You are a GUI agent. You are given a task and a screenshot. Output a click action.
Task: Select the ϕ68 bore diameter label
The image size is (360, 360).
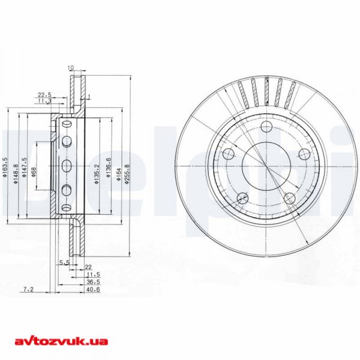pyautogui.click(x=34, y=172)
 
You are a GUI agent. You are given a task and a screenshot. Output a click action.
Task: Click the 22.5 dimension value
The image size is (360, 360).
pyautogui.click(x=44, y=94)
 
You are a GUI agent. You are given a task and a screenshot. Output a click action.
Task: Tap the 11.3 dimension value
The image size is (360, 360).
pyautogui.click(x=44, y=101)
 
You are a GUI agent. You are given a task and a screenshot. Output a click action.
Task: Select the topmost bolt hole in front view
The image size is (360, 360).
pyautogui.click(x=266, y=126)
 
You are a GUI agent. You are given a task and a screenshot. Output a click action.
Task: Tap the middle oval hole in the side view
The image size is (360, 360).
pyautogui.click(x=67, y=166)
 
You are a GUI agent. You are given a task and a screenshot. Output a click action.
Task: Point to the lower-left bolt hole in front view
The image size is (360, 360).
pyautogui.click(x=242, y=198)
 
